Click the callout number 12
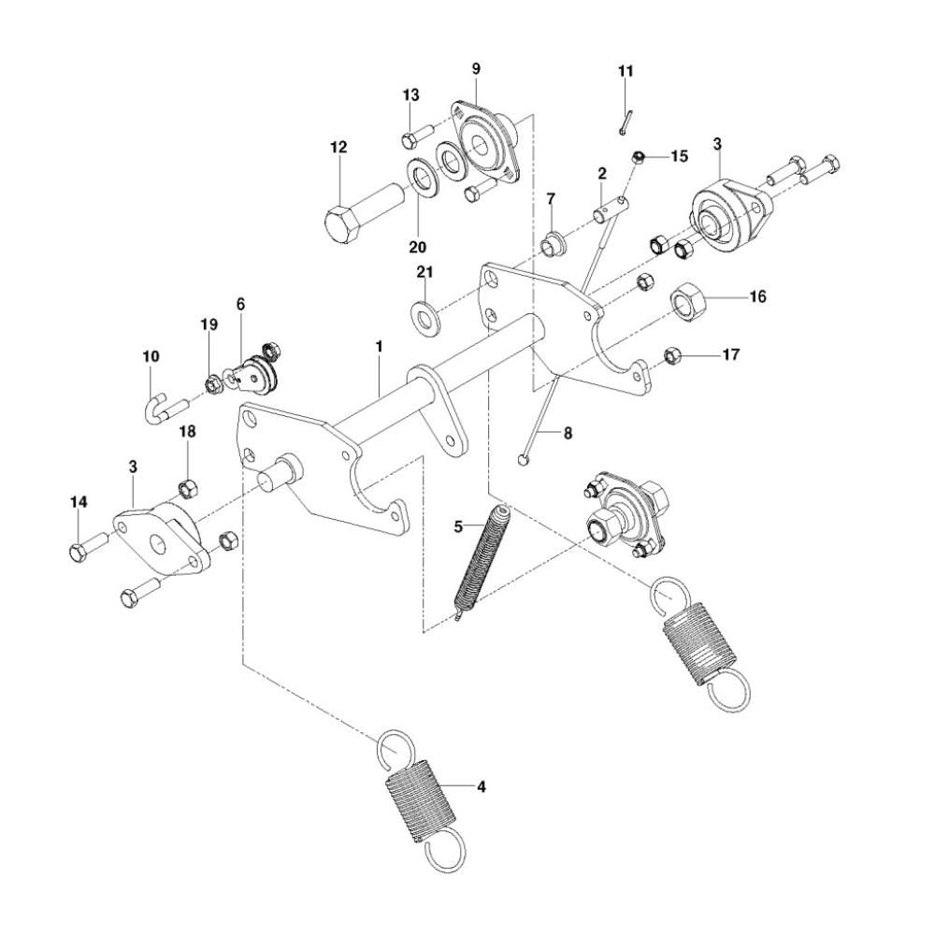coord(338,147)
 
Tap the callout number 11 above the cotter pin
coord(626,71)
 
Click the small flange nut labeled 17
coord(670,355)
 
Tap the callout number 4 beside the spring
coord(481,786)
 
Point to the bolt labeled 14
coord(90,549)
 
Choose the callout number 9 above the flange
coord(476,69)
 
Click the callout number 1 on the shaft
coord(380,346)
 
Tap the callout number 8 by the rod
coord(568,434)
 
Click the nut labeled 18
coord(185,488)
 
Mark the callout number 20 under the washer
coord(417,247)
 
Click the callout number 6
coord(240,304)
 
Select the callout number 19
coord(209,324)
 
